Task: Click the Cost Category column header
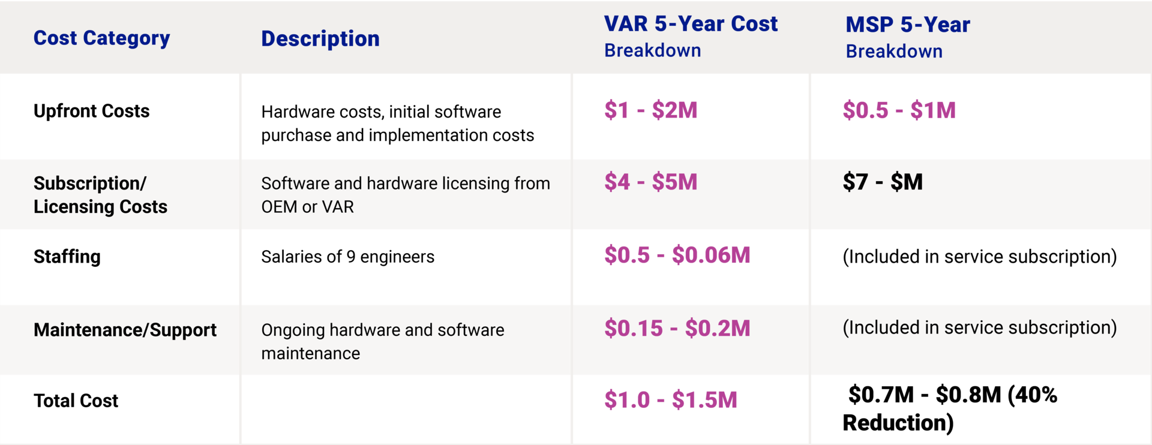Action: click(101, 38)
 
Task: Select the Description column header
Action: click(320, 38)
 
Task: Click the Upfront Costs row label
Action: click(91, 111)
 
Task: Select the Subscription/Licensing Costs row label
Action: click(100, 195)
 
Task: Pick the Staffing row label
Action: click(67, 257)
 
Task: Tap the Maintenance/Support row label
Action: click(125, 330)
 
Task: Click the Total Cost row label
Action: click(76, 401)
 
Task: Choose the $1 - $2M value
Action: click(651, 110)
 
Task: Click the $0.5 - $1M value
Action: click(899, 110)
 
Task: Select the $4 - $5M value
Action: click(651, 182)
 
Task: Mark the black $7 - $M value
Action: click(883, 182)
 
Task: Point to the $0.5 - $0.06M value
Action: click(677, 255)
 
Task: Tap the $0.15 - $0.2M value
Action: click(677, 329)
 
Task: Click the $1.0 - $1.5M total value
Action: click(671, 400)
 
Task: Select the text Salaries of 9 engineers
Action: click(347, 257)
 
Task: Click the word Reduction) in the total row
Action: click(898, 423)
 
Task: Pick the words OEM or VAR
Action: click(307, 207)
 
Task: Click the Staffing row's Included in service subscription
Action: click(980, 257)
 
